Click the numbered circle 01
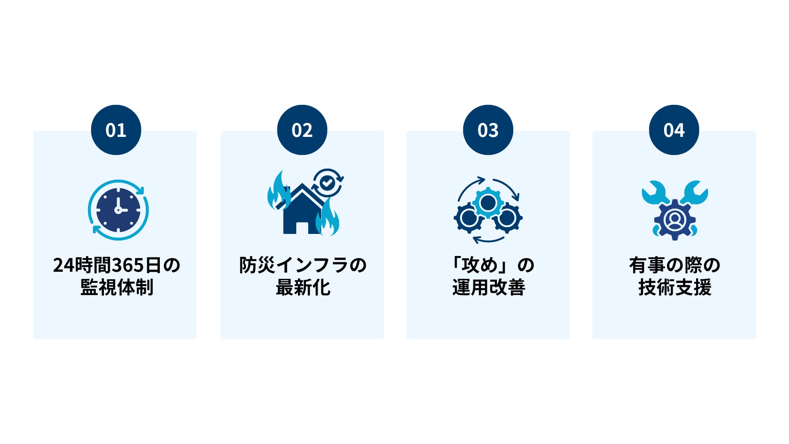click(116, 130)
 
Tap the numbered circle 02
click(302, 130)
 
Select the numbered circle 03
click(488, 130)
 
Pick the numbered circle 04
click(674, 130)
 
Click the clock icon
click(118, 210)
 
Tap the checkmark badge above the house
click(328, 183)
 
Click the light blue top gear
click(488, 202)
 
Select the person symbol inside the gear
click(674, 220)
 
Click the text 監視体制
click(117, 287)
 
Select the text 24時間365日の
click(117, 265)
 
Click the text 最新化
click(303, 287)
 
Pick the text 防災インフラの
click(303, 265)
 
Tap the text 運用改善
click(489, 287)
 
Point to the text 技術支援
click(674, 287)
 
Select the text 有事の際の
click(674, 265)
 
